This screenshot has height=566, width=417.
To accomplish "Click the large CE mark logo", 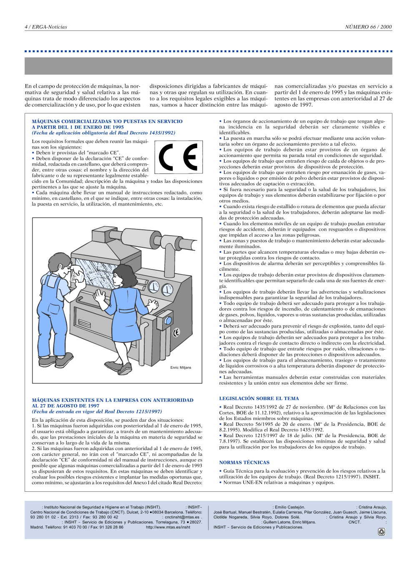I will coord(178,157).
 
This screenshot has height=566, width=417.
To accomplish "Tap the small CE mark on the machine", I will coord(176,332).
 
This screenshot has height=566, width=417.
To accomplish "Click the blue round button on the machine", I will coord(168,321).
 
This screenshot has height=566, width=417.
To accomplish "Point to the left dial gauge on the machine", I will coord(154,287).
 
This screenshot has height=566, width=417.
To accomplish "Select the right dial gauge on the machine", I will coord(167,289).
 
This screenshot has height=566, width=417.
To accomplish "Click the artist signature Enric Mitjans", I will coord(181,367).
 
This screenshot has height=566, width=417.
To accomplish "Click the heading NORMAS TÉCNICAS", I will coord(244,462).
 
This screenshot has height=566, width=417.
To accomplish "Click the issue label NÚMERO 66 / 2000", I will coord(368,27).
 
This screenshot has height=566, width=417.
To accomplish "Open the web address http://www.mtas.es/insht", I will coord(168,527).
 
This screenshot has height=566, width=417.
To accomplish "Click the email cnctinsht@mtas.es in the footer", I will coord(182,517).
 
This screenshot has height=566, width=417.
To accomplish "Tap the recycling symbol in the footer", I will coord(381,532).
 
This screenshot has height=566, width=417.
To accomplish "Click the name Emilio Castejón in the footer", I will coord(290,507).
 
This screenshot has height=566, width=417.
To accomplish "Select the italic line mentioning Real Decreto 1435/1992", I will coord(104,133).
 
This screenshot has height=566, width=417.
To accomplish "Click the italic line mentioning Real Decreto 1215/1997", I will coord(97,411).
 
